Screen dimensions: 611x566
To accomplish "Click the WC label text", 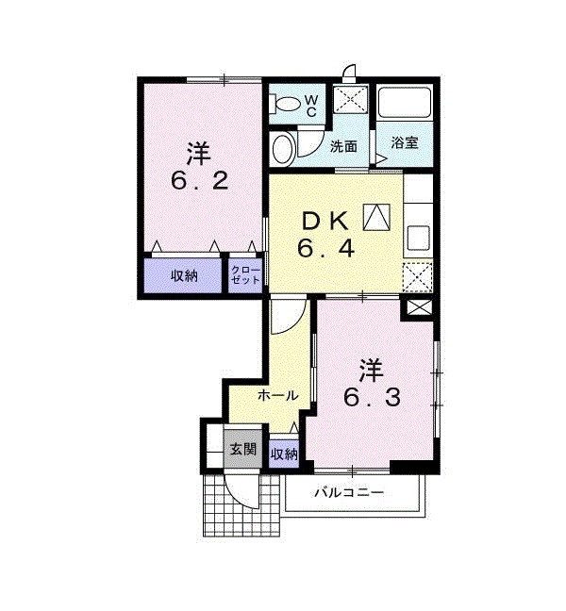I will click(311, 105).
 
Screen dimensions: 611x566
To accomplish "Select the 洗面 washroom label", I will click(343, 146).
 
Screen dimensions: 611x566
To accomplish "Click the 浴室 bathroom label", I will click(405, 143).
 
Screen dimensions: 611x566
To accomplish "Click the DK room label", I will click(325, 221).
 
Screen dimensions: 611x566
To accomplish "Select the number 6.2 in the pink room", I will click(199, 179).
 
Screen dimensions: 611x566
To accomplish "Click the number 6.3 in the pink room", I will click(370, 397).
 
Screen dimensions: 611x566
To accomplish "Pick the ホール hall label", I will click(278, 394).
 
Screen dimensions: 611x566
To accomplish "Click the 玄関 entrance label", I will click(242, 449).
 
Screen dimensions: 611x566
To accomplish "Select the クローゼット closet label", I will click(245, 275).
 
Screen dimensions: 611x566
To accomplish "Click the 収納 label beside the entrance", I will click(284, 454).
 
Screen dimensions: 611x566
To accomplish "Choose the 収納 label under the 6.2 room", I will click(184, 275).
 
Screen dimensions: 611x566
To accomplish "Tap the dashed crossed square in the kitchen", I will click(418, 277).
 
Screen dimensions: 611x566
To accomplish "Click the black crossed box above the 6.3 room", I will click(418, 307).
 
